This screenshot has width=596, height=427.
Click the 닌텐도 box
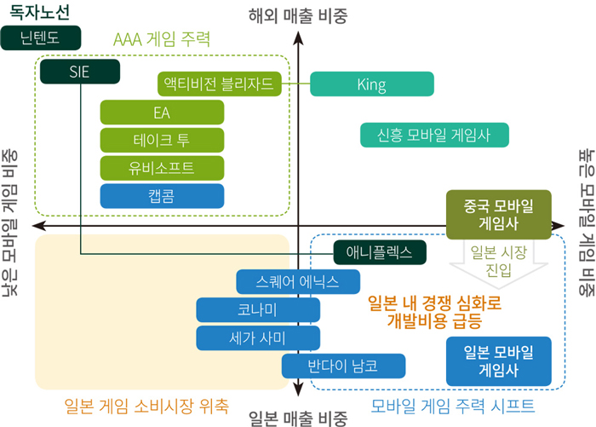(x=41, y=38)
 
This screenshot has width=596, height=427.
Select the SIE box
(x=80, y=72)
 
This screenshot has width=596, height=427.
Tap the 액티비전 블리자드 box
(x=220, y=84)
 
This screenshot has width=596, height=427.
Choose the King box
(x=372, y=84)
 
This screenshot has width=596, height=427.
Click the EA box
(x=162, y=113)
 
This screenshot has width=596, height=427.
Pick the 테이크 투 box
(x=162, y=140)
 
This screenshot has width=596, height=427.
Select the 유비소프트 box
(x=162, y=168)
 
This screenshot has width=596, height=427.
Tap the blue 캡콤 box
(x=162, y=196)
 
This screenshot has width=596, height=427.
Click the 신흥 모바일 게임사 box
(x=434, y=135)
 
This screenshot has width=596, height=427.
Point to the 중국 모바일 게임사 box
(x=499, y=215)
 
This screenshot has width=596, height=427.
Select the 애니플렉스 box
(x=380, y=252)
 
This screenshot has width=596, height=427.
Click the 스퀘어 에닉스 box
(x=298, y=281)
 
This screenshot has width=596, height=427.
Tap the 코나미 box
(x=258, y=309)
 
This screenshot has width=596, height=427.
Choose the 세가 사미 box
(x=258, y=338)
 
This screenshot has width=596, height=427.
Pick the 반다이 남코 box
(x=344, y=366)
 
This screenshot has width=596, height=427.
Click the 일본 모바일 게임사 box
(x=499, y=361)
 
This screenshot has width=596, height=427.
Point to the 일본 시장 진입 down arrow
(x=499, y=263)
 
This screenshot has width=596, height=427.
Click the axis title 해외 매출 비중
(x=298, y=16)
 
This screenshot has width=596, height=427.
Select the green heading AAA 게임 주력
(x=162, y=39)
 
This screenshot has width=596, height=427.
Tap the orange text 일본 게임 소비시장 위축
(x=146, y=406)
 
